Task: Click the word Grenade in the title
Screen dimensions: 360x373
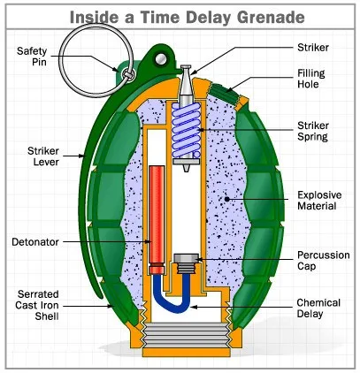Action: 271,18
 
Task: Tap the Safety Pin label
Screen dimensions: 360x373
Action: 32,57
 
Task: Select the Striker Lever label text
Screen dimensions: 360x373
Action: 43,156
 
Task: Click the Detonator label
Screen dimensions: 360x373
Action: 35,242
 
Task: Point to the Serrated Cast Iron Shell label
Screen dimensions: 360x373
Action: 37,305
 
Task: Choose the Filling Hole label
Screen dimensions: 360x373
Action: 311,79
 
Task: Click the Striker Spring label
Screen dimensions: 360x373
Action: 313,131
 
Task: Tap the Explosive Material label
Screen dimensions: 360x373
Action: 319,201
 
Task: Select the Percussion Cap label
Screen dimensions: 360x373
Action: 324,261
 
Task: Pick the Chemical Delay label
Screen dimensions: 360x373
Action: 318,308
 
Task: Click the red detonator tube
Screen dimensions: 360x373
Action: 157,219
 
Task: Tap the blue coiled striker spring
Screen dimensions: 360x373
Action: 187,130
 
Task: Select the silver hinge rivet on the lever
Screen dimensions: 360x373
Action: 161,59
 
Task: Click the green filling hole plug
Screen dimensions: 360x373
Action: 225,94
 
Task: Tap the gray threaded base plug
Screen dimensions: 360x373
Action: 186,335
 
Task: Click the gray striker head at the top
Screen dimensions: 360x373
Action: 186,81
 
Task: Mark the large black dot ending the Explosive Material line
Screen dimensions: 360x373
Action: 226,199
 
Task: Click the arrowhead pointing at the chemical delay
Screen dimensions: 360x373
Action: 194,307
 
